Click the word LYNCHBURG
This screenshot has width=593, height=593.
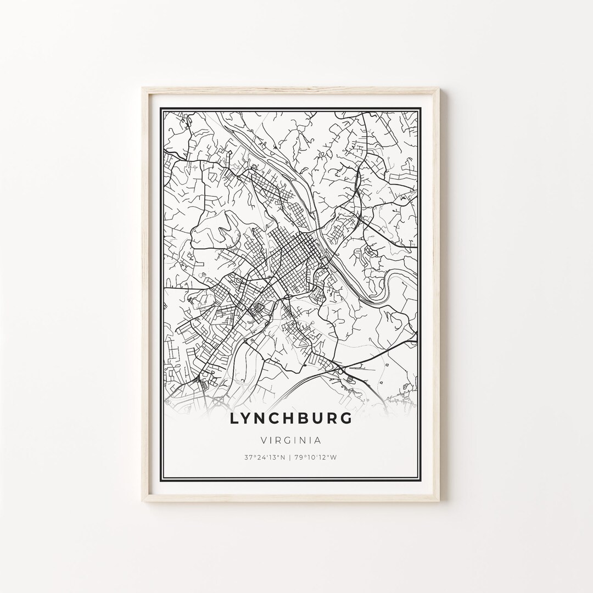(291, 418)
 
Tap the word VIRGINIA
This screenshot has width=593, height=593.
(291, 440)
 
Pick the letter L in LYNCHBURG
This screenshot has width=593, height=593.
(234, 418)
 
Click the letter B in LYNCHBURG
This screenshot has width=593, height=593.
(306, 418)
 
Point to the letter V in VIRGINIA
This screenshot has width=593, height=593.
(263, 440)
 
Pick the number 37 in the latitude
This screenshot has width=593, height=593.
(248, 457)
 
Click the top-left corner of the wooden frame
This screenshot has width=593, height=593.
(142, 88)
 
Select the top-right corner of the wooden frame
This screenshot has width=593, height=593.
(440, 88)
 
